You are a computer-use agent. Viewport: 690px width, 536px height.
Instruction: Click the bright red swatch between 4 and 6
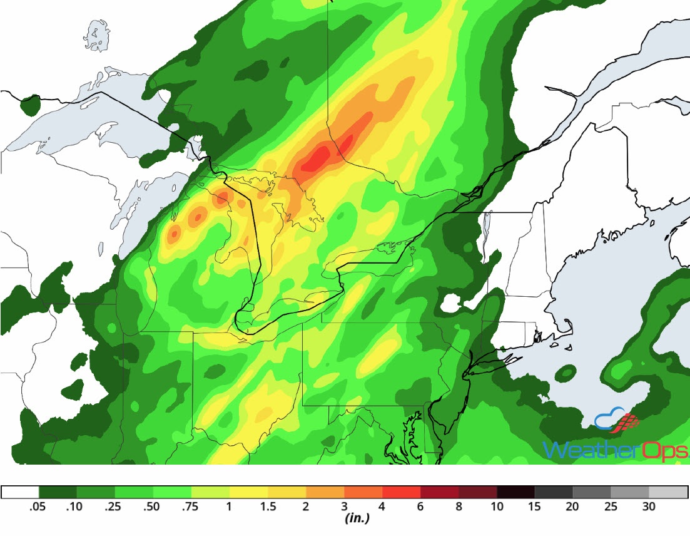coord(402,492)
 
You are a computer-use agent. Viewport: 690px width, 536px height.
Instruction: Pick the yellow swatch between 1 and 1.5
coord(249,492)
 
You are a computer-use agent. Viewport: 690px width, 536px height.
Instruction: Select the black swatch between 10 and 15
coord(516,492)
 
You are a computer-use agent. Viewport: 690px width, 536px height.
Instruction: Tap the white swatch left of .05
coord(20,492)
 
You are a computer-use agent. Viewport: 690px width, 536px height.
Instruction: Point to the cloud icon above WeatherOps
coord(610,418)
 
